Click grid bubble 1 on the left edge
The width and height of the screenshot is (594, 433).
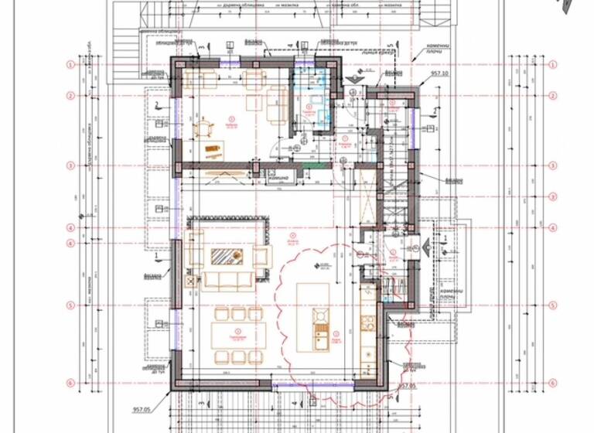[70, 65]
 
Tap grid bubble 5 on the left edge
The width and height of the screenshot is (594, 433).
[70, 305]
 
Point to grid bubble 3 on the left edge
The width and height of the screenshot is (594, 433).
[70, 165]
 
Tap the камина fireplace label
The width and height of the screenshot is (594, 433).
[278, 178]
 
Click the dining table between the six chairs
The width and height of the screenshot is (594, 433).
[239, 335]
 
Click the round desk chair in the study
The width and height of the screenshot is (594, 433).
[203, 128]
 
